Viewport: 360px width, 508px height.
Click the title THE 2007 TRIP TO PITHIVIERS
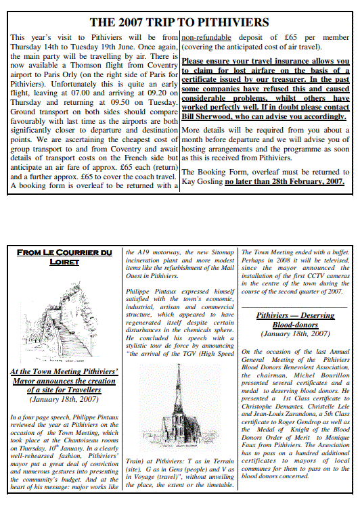point(179,22)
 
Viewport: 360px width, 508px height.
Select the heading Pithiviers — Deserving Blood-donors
point(294,320)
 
